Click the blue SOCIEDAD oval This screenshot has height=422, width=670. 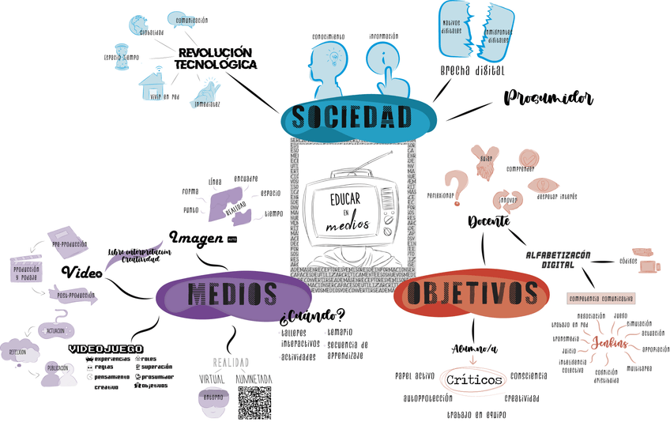(x=351, y=117)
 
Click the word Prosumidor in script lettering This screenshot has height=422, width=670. (x=548, y=98)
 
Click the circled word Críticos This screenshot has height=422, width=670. (x=474, y=380)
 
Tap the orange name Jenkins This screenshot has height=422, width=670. (x=608, y=344)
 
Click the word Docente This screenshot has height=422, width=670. (x=487, y=221)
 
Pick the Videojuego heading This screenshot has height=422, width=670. (x=105, y=348)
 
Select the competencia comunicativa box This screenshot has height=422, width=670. (x=602, y=299)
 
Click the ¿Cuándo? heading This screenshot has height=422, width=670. (x=312, y=317)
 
